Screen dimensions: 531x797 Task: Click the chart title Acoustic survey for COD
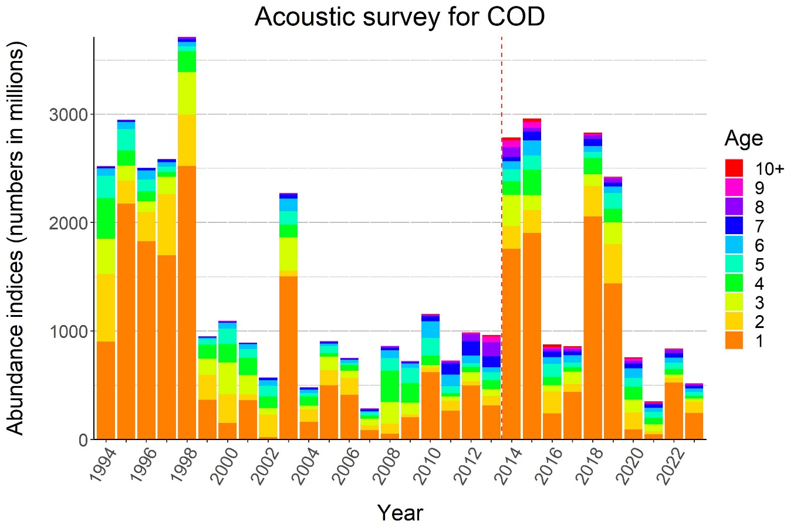400,17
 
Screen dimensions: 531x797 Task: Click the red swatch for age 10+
734,168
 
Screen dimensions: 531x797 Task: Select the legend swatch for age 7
734,226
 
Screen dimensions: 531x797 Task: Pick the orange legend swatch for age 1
734,340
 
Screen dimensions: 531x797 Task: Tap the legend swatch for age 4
734,283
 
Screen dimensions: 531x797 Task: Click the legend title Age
744,138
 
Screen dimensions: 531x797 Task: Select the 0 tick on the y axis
82,439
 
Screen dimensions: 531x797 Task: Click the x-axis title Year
400,513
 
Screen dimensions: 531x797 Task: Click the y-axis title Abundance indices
16,238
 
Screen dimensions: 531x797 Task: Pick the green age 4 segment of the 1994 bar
106,218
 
